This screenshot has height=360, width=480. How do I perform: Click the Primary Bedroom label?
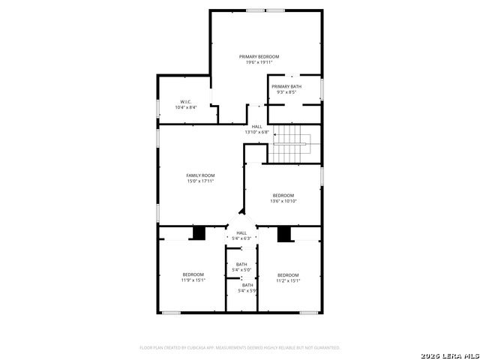[259, 57]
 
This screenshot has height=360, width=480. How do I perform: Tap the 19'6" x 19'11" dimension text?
[259, 62]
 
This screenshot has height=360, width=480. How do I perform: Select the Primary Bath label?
[286, 87]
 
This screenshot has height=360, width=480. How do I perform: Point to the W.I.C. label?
[186, 102]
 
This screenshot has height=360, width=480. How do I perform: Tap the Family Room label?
[200, 175]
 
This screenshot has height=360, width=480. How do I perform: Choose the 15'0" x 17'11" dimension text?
[200, 181]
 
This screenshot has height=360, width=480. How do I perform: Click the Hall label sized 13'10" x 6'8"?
[256, 127]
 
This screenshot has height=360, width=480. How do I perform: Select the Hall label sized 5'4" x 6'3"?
[241, 233]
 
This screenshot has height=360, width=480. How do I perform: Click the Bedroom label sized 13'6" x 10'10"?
[283, 196]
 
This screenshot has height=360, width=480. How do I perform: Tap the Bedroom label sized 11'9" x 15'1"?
[193, 274]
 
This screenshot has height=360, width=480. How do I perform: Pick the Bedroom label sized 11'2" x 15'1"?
[288, 275]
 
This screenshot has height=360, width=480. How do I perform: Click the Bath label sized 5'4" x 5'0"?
[241, 264]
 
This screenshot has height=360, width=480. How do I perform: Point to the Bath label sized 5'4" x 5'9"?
[247, 285]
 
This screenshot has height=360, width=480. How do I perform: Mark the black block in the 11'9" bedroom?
[199, 233]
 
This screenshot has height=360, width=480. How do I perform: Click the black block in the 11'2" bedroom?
[284, 234]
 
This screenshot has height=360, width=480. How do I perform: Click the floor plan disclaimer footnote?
[240, 348]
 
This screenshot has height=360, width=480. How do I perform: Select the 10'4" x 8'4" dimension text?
[186, 107]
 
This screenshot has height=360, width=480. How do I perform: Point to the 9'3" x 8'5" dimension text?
[286, 92]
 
